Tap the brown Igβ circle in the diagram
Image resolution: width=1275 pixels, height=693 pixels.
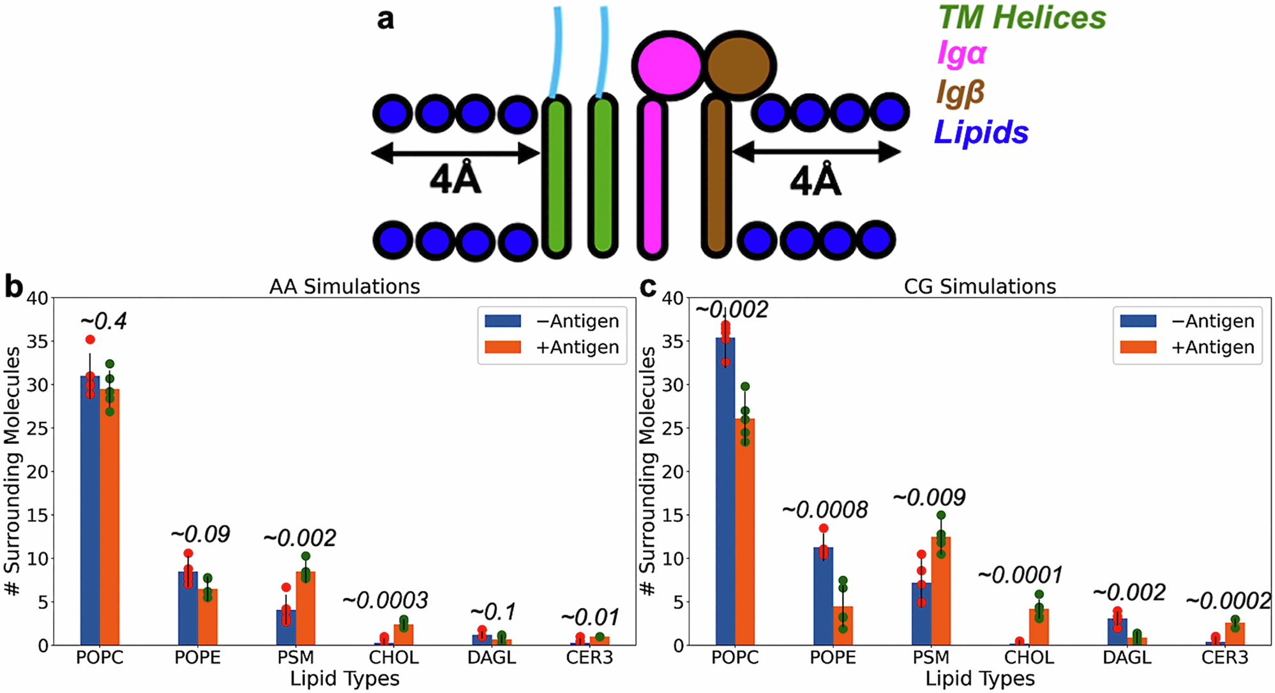pyautogui.click(x=739, y=65)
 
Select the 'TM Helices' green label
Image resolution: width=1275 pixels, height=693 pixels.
pyautogui.click(x=1022, y=17)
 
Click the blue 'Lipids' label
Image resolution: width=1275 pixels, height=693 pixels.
pyautogui.click(x=981, y=133)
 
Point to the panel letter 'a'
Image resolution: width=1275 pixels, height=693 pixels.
pyautogui.click(x=386, y=19)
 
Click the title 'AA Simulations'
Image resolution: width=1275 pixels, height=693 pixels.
pyautogui.click(x=345, y=287)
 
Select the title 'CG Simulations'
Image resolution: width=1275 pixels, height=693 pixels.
pyautogui.click(x=980, y=287)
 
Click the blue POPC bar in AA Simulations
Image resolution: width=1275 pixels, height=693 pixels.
pyautogui.click(x=90, y=510)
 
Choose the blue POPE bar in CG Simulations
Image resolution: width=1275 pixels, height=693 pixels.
pyautogui.click(x=824, y=596)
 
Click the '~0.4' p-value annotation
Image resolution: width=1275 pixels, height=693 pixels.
pyautogui.click(x=103, y=321)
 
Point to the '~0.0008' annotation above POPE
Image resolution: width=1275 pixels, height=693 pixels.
pyautogui.click(x=825, y=509)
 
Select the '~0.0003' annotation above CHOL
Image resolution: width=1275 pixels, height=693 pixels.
pyautogui.click(x=385, y=600)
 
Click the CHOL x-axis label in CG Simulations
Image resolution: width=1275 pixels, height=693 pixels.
pyautogui.click(x=1029, y=657)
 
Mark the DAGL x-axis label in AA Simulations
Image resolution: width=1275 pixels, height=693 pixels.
pyautogui.click(x=492, y=657)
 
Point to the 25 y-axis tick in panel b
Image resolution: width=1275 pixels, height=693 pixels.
pyautogui.click(x=37, y=428)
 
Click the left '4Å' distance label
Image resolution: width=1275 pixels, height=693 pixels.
pyautogui.click(x=455, y=179)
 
